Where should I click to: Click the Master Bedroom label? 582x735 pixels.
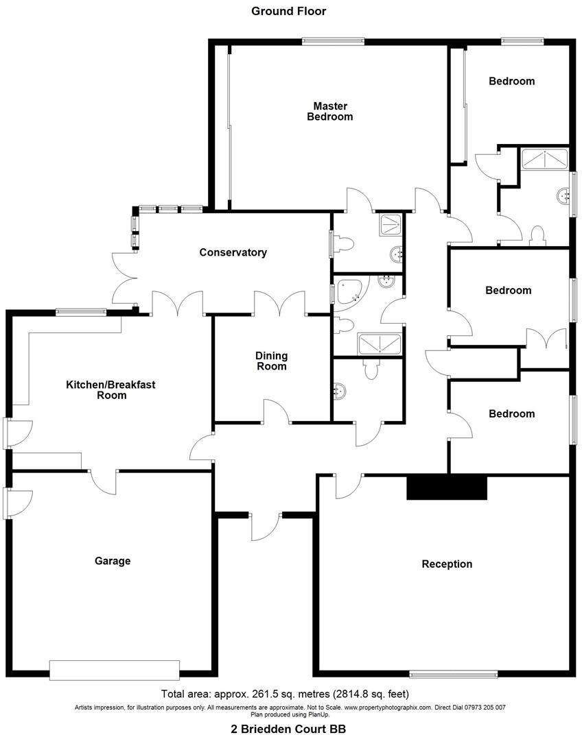pyautogui.click(x=329, y=111)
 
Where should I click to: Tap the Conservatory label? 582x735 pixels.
pyautogui.click(x=233, y=252)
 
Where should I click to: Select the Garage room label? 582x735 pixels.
pyautogui.click(x=113, y=561)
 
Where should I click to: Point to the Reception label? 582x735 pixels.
pyautogui.click(x=447, y=564)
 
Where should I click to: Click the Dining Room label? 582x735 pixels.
pyautogui.click(x=271, y=361)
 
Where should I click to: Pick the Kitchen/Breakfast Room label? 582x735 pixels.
pyautogui.click(x=110, y=389)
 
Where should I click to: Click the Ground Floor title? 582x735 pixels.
pyautogui.click(x=288, y=11)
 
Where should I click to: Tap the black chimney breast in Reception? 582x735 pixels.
pyautogui.click(x=447, y=487)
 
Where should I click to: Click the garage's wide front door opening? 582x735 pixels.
pyautogui.click(x=115, y=670)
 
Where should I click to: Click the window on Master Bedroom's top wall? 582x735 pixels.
pyautogui.click(x=333, y=41)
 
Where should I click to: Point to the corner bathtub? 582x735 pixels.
pyautogui.click(x=351, y=291)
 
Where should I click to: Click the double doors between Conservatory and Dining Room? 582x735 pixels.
pyautogui.click(x=279, y=304)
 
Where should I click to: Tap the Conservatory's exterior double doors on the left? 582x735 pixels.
pyautogui.click(x=124, y=278)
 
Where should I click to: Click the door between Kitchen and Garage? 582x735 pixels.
pyautogui.click(x=101, y=480)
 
